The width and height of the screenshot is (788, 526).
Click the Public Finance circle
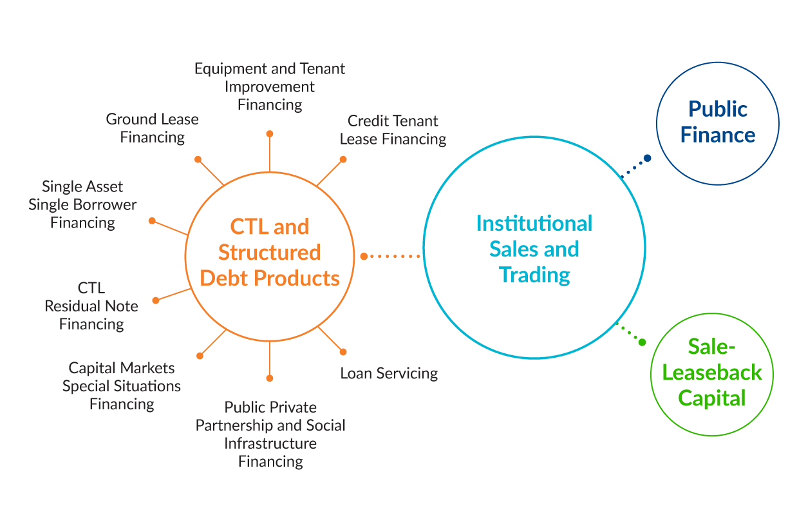point(717,122)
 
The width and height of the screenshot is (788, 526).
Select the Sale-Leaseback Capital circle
point(711,373)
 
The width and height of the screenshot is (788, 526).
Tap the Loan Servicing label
point(389,373)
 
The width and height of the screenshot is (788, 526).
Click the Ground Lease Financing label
point(153,128)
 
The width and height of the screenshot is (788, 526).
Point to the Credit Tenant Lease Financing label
point(393,130)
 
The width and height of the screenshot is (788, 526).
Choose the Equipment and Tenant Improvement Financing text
point(270,86)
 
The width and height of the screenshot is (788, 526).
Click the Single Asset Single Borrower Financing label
point(82,204)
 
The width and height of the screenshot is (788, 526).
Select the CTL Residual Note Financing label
point(91,306)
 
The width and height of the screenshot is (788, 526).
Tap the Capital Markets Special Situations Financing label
point(122,386)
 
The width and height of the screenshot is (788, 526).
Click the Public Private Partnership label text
point(270,434)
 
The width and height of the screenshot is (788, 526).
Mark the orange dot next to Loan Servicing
point(343,352)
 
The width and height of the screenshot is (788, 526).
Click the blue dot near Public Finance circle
point(647,158)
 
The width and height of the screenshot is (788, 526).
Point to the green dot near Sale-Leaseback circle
point(642,342)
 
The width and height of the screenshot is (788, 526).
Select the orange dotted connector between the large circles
point(390,257)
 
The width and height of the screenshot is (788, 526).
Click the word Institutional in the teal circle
point(534,224)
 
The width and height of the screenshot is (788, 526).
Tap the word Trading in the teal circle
point(534,275)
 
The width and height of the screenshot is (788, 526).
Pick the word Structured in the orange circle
point(269,252)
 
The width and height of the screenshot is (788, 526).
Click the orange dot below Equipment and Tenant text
point(270,133)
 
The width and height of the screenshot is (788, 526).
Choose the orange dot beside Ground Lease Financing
point(198,159)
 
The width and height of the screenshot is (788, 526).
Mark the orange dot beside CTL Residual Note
point(156,300)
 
